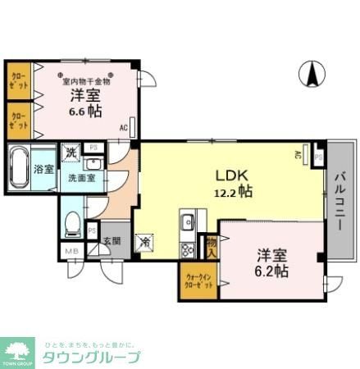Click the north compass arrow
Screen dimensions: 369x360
click(312, 75)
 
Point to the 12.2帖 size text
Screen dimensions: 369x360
click(234, 191)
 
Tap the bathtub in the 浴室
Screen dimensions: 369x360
click(21, 168)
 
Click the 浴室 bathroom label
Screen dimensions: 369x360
click(44, 170)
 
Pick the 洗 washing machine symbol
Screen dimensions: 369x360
click(71, 152)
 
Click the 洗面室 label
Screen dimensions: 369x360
click(80, 177)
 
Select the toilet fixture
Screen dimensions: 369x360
click(72, 222)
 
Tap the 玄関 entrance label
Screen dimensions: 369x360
click(112, 241)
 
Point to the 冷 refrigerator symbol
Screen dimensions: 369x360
click(144, 242)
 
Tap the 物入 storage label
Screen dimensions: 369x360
click(212, 247)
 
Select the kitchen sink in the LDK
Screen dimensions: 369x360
click(188, 222)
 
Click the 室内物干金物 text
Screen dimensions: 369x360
click(86, 81)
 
